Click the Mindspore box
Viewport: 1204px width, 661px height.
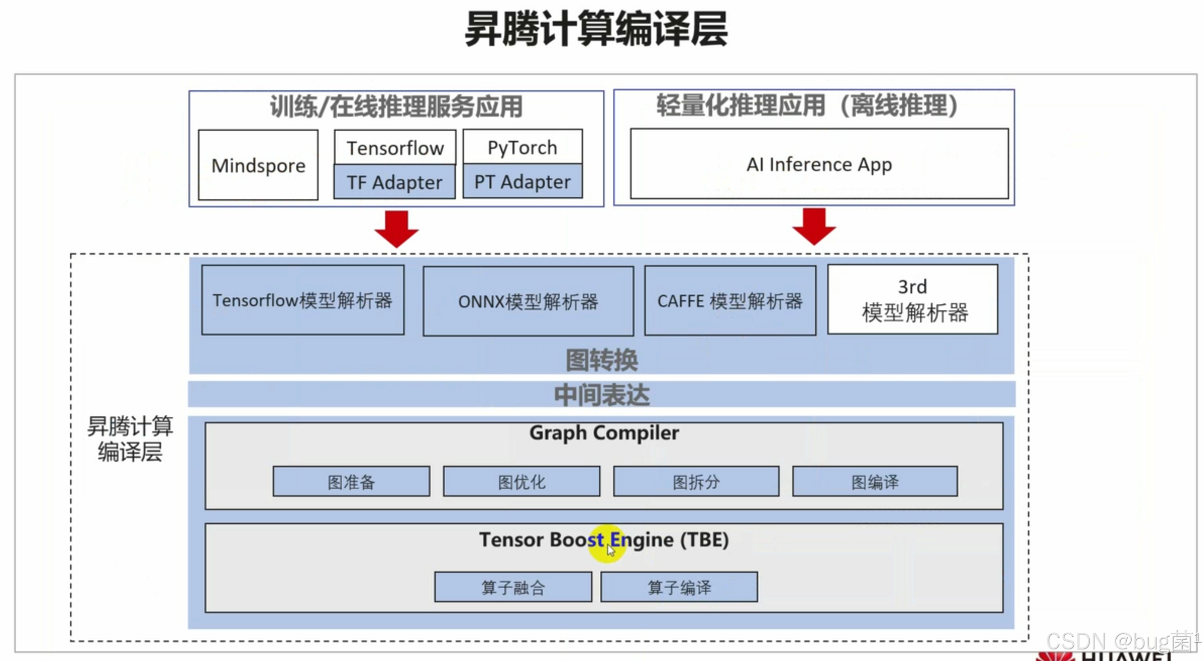(x=258, y=165)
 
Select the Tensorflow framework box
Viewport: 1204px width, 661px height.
(x=395, y=147)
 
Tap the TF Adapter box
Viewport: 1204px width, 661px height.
(x=394, y=182)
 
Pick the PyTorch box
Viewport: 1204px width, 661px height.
(x=522, y=147)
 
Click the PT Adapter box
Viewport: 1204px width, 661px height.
(x=522, y=181)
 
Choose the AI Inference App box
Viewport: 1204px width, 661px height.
(x=819, y=164)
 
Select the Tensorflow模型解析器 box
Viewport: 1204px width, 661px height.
(x=302, y=300)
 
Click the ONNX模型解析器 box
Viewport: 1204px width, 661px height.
(x=528, y=301)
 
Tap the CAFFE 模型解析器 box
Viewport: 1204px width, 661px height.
(x=729, y=301)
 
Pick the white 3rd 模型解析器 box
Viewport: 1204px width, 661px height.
(x=913, y=300)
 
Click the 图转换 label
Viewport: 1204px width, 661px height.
(x=602, y=360)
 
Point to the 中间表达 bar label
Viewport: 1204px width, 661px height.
(x=602, y=395)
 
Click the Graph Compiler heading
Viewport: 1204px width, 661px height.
(x=604, y=433)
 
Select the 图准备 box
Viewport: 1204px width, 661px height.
(x=351, y=482)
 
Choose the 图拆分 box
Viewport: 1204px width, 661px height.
(x=696, y=482)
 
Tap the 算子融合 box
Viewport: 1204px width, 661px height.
(x=513, y=587)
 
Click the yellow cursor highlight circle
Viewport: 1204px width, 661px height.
(x=607, y=544)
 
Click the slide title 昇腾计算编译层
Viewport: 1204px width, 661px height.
(x=596, y=29)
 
